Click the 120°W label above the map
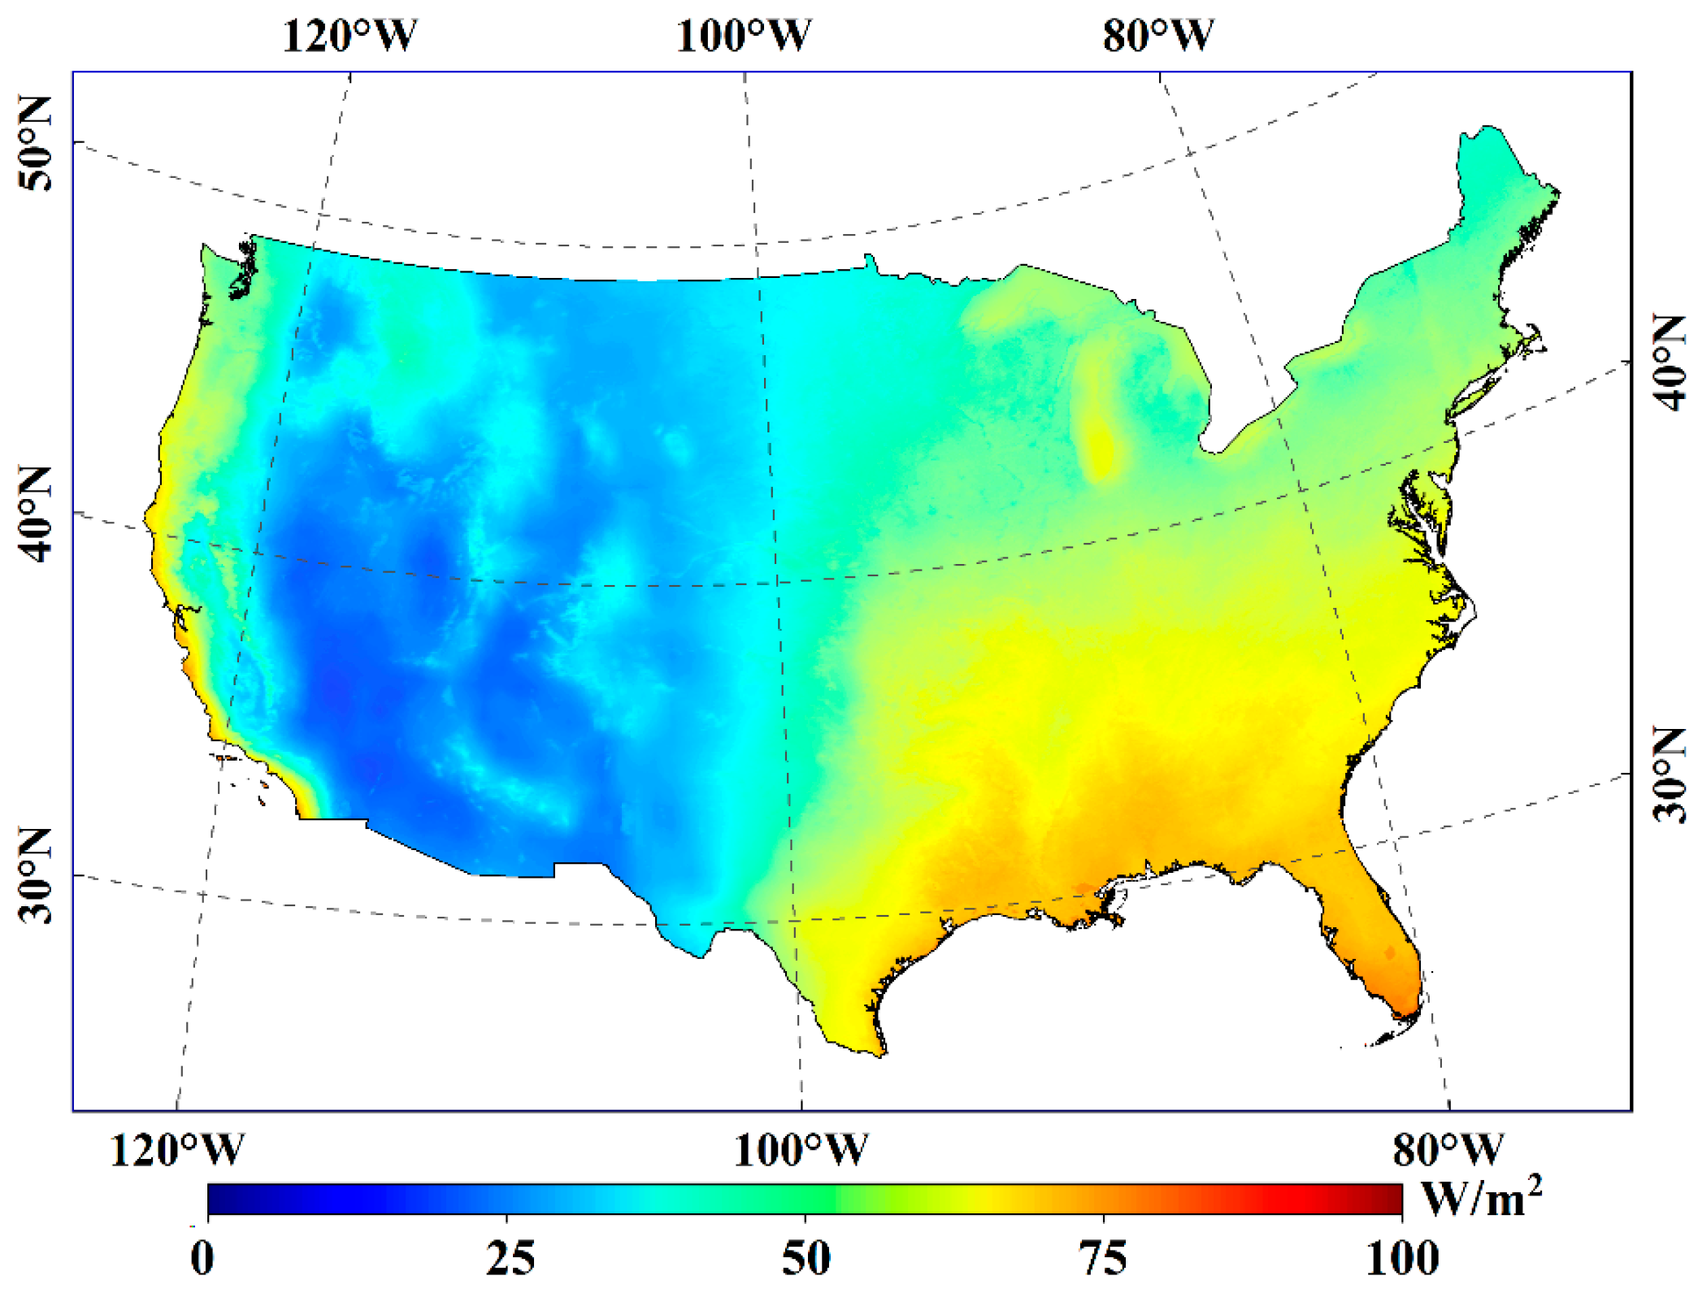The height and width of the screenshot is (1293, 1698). click(x=350, y=36)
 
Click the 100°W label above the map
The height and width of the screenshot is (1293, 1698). click(x=743, y=36)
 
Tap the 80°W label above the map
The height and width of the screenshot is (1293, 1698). click(x=1157, y=36)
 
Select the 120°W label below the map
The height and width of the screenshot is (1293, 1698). click(x=176, y=1150)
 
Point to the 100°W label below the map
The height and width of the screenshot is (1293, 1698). click(x=800, y=1150)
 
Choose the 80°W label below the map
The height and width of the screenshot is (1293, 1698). click(x=1448, y=1150)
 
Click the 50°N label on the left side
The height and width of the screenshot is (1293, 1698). click(x=34, y=144)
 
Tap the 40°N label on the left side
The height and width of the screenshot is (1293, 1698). click(x=34, y=514)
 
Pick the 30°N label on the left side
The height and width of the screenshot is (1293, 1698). click(x=34, y=875)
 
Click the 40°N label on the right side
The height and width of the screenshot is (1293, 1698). click(x=1670, y=362)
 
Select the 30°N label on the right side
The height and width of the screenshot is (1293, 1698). click(x=1670, y=774)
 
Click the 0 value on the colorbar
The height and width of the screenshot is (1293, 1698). click(x=203, y=1257)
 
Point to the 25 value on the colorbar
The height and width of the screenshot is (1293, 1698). click(x=510, y=1257)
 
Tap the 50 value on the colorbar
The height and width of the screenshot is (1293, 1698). click(x=806, y=1257)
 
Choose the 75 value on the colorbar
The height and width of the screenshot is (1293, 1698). click(x=1103, y=1257)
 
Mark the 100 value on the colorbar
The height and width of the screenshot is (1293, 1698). click(x=1402, y=1257)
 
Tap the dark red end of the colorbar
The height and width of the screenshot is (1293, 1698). click(x=1392, y=1199)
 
